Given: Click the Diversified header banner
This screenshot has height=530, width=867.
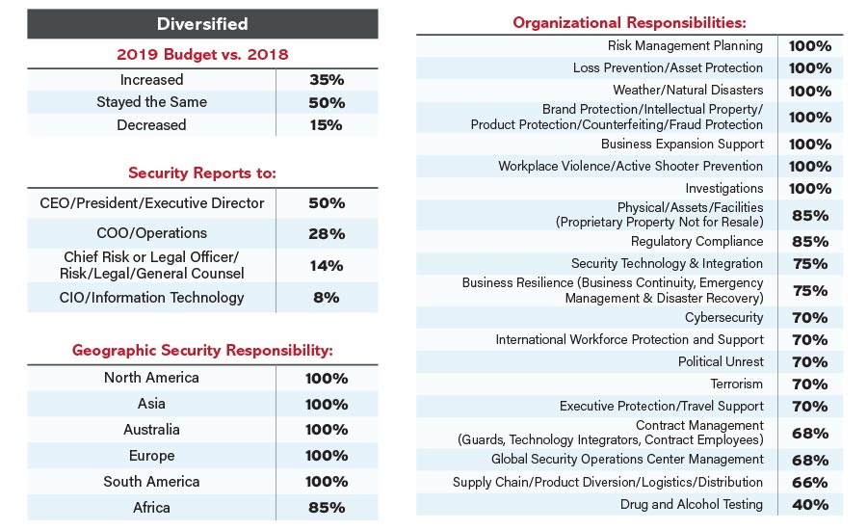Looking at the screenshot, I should [x=202, y=23].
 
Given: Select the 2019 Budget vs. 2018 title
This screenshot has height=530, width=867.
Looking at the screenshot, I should [x=202, y=54].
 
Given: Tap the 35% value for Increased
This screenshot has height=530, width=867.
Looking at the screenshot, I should [x=326, y=80].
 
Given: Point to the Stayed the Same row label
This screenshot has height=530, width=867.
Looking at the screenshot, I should [x=151, y=102].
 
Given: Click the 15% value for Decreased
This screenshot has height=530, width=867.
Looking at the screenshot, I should [x=326, y=125].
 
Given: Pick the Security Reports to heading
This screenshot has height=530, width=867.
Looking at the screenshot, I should [x=202, y=173].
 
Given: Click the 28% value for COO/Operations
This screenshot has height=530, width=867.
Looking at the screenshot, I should [x=326, y=234].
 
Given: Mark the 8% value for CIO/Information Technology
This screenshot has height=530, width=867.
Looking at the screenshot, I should [x=326, y=298].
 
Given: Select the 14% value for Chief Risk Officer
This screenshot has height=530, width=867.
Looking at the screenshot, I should [x=326, y=266].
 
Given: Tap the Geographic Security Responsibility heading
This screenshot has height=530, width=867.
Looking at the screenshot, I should [x=202, y=351].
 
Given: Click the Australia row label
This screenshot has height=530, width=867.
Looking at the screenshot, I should [x=151, y=430].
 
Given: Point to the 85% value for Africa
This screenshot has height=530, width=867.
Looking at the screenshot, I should [x=326, y=508].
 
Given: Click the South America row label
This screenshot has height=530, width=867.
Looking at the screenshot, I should [x=151, y=482].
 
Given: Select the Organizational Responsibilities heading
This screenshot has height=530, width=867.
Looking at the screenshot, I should [x=629, y=22].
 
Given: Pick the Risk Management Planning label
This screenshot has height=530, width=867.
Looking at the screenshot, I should [x=685, y=45].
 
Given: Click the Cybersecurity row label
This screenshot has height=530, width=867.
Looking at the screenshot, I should [x=723, y=317].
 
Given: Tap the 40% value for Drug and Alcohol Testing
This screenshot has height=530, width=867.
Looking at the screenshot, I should [x=809, y=505].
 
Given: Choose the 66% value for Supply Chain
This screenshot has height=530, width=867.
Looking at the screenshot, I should [x=809, y=482].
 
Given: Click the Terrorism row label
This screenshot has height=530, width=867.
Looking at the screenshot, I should [x=736, y=384].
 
